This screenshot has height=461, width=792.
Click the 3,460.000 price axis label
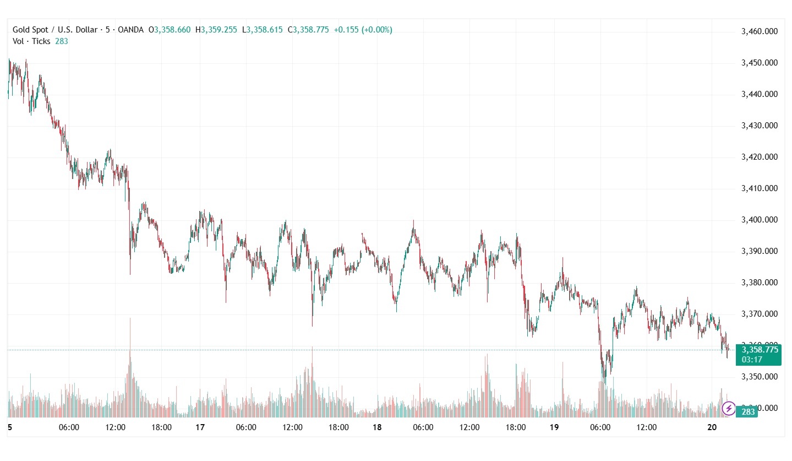pos(759,31)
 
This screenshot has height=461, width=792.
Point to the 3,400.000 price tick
pos(759,220)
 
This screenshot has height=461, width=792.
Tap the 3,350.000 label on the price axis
pos(759,377)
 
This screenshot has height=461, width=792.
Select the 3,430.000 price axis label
pos(759,126)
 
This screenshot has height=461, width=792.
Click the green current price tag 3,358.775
pos(760,350)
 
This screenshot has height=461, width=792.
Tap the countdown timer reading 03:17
pos(751,360)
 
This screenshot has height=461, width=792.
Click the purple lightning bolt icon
pos(728,409)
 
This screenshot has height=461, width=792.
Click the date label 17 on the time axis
pos(200,427)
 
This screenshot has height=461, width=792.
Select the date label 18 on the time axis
pos(377,427)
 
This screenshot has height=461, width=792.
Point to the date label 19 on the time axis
pos(554,427)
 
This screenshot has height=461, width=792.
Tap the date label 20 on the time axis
pos(712,427)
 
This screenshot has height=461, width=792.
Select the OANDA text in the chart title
pos(131,30)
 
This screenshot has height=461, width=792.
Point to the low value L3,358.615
pos(263,30)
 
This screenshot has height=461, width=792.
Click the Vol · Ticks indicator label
pos(31,41)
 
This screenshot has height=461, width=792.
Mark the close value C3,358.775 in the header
pos(308,30)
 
